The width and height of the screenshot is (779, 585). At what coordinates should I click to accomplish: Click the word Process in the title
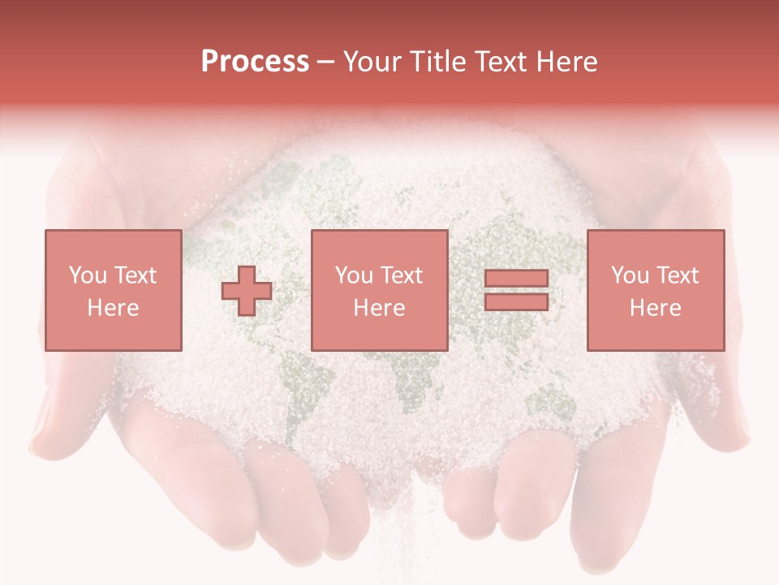(x=255, y=62)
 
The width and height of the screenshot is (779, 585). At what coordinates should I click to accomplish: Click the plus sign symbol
(x=247, y=291)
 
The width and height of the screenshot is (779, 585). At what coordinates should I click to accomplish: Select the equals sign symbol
(x=516, y=291)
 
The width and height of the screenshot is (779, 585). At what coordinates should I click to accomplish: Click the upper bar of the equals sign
(x=516, y=279)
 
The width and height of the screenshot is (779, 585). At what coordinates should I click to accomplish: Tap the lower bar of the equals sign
(x=516, y=302)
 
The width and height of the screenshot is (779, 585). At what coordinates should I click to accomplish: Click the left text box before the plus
(x=113, y=290)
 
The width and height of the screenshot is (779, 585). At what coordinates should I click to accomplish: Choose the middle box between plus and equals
(x=379, y=290)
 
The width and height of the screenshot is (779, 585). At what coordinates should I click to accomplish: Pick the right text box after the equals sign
(x=655, y=290)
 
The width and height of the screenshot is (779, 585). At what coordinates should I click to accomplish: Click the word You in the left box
(x=87, y=275)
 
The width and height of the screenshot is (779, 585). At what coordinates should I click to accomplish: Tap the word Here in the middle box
(x=379, y=308)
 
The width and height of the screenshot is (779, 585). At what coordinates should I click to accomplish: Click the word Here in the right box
(x=655, y=308)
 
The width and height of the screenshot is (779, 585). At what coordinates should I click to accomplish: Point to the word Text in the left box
(x=136, y=275)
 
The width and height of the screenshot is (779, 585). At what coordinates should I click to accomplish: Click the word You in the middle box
(x=354, y=275)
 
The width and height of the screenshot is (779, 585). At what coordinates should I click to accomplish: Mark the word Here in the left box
(x=113, y=308)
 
